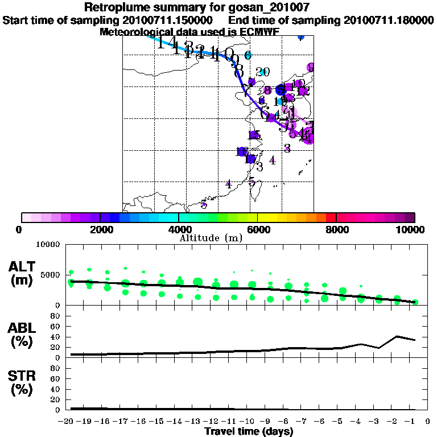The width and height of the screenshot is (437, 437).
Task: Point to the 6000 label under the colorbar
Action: click(x=257, y=229)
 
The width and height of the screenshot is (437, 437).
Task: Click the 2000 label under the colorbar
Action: click(x=100, y=229)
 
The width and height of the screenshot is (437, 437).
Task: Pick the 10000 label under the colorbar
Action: click(x=411, y=229)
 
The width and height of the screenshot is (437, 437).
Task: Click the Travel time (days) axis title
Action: click(x=249, y=431)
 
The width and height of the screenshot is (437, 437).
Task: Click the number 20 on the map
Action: click(x=262, y=72)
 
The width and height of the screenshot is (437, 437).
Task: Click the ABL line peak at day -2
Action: click(x=397, y=336)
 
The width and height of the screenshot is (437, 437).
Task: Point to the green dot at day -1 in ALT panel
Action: click(x=415, y=302)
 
